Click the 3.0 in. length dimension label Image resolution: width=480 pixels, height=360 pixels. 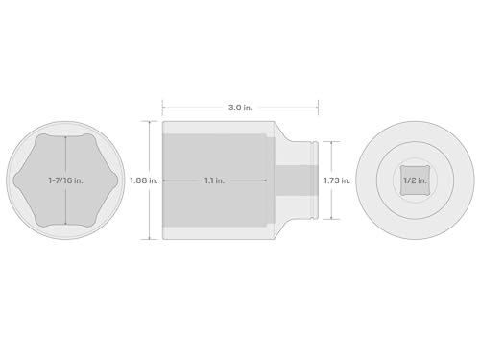pyautogui.click(x=240, y=108)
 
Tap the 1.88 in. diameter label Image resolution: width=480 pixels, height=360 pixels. pyautogui.click(x=144, y=180)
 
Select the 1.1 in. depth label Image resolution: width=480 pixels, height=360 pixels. pyautogui.click(x=214, y=180)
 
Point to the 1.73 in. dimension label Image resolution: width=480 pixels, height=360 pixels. pyautogui.click(x=337, y=180)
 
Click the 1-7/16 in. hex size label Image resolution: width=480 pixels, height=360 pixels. pyautogui.click(x=65, y=180)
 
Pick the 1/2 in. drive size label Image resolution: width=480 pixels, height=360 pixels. pyautogui.click(x=415, y=180)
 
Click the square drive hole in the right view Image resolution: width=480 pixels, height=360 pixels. pyautogui.click(x=415, y=180)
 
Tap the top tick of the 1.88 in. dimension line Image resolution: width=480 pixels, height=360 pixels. pyautogui.click(x=150, y=121)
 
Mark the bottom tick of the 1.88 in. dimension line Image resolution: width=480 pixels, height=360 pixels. pyautogui.click(x=150, y=239)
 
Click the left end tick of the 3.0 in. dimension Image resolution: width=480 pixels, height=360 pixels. pyautogui.click(x=162, y=108)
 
